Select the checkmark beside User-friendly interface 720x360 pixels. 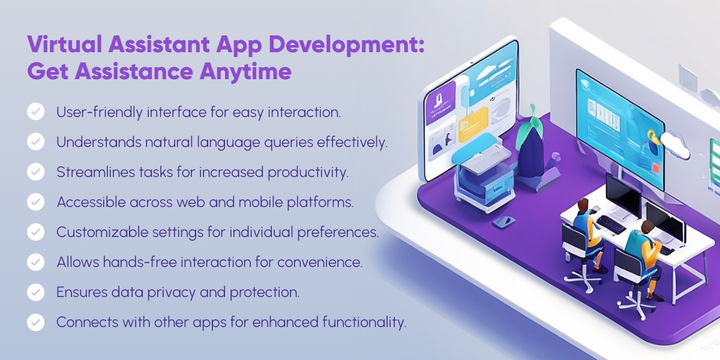(x=36, y=112)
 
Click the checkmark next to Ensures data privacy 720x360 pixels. (x=36, y=292)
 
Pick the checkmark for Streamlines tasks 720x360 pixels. (x=36, y=172)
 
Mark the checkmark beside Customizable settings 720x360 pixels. (x=36, y=232)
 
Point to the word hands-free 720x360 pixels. (x=134, y=262)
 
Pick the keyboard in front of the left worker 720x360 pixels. (x=611, y=224)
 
